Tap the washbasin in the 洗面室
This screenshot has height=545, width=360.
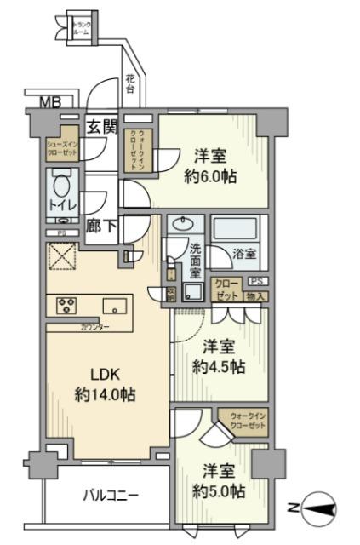[182, 225]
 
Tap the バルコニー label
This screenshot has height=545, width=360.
[111, 495]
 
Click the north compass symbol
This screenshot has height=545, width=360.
[318, 508]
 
